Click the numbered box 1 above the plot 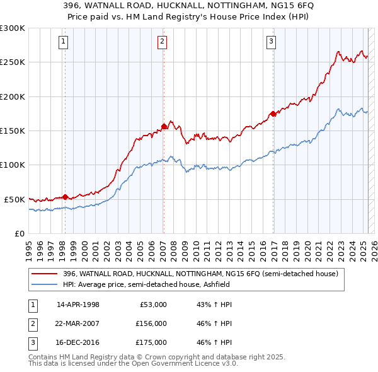point(65,42)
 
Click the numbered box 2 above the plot point(162,42)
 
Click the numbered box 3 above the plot point(271,42)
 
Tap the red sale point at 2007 point(164,126)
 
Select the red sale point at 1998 point(65,197)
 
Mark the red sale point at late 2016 point(273,113)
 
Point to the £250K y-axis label point(13,62)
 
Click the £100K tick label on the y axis point(13,165)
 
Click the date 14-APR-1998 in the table point(78,305)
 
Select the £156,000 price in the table point(151,323)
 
